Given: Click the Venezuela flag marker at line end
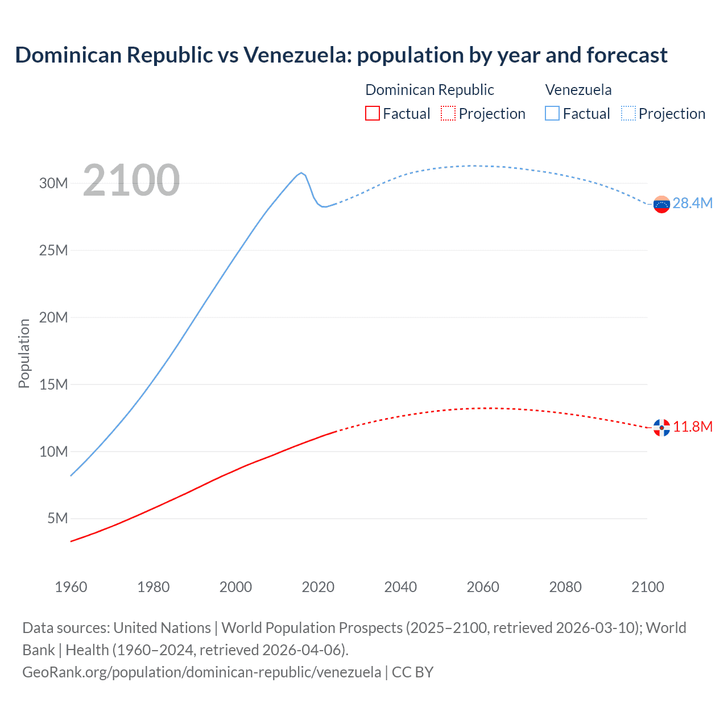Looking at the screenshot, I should (x=661, y=204).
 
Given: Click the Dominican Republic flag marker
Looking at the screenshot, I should (x=661, y=428).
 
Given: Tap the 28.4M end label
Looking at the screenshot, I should (x=692, y=204).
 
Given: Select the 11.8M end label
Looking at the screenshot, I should (x=693, y=427).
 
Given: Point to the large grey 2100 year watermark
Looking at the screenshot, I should (x=131, y=181).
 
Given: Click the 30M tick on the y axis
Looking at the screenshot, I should (x=53, y=183).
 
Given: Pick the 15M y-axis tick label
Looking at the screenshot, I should (x=53, y=384).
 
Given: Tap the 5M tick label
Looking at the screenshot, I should (x=57, y=519).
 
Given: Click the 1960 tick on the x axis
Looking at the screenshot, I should (x=71, y=587).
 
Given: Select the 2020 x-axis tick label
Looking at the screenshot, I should (x=318, y=587).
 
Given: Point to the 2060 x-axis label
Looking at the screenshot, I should (x=483, y=587).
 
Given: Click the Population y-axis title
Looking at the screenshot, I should (x=24, y=353).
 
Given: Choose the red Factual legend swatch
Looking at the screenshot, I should (x=372, y=113).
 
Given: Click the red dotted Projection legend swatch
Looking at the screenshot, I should (x=448, y=113).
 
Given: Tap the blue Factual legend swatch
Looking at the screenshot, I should (x=552, y=113).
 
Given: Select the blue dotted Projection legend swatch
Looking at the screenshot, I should (x=628, y=113).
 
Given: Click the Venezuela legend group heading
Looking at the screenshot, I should (x=578, y=90).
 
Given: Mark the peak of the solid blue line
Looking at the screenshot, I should (x=301, y=173).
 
